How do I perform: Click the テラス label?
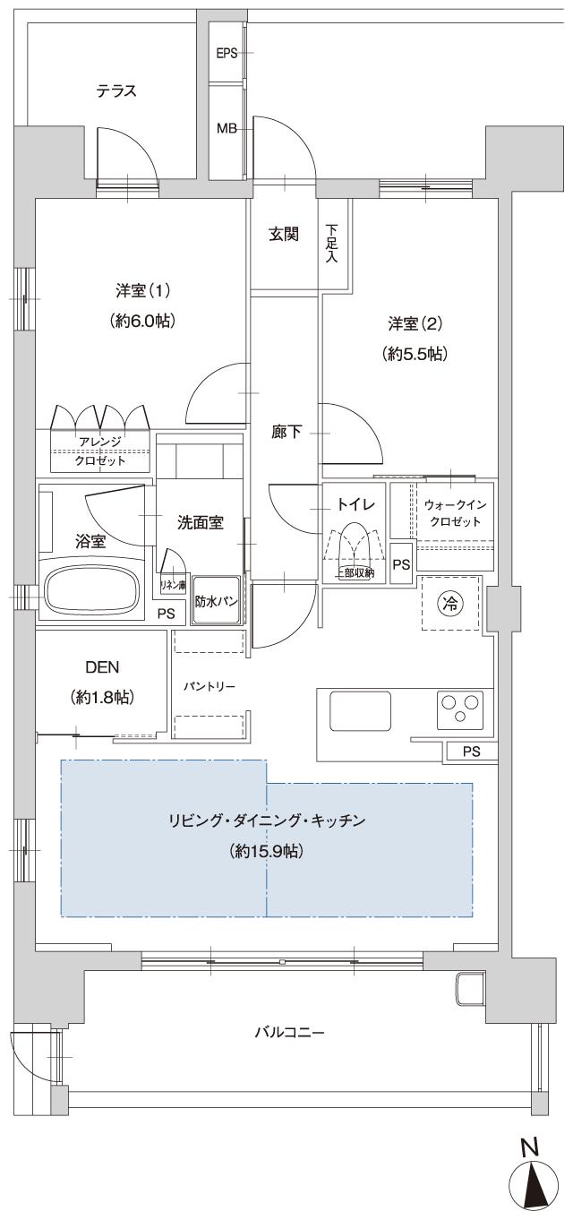(x=116, y=90)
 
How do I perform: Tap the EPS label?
(x=227, y=53)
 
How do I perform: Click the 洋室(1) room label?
(x=142, y=291)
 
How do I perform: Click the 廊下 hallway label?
(x=286, y=433)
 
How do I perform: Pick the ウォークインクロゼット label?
(x=453, y=513)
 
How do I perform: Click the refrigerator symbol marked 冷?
(x=450, y=603)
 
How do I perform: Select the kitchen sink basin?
(x=360, y=710)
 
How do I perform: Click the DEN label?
(x=101, y=667)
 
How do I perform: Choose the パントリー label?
(x=209, y=686)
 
